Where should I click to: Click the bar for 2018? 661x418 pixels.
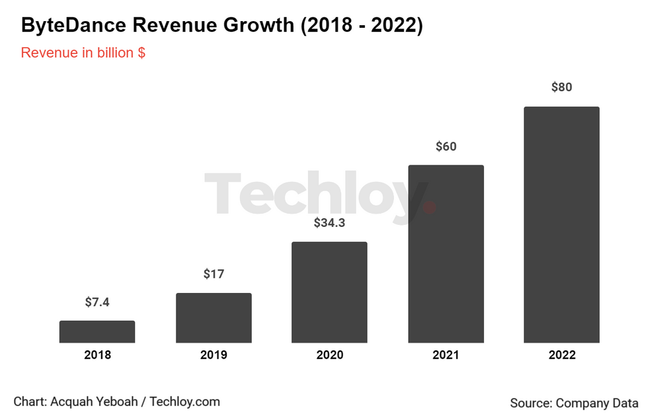[97, 332]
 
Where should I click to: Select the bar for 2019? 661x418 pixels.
[214, 318]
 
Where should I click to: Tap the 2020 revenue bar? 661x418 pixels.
[330, 292]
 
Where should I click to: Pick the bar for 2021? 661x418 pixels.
[446, 254]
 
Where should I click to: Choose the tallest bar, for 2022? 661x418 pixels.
[562, 225]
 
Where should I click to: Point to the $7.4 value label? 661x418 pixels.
[97, 302]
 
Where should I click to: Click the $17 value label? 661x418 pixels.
[214, 274]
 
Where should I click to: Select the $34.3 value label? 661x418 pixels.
[330, 223]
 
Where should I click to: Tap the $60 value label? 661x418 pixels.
[446, 147]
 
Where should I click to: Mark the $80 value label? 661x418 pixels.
[562, 87]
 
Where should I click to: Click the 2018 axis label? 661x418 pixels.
[97, 355]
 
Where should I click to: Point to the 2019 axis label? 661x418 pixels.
[214, 355]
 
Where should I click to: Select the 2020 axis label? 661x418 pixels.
[330, 355]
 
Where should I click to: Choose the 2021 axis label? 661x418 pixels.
[446, 355]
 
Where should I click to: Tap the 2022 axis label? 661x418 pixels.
[562, 355]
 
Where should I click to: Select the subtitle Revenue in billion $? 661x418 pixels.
[83, 53]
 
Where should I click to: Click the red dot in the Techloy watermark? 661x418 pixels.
[429, 207]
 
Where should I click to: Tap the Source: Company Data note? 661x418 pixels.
[574, 403]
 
